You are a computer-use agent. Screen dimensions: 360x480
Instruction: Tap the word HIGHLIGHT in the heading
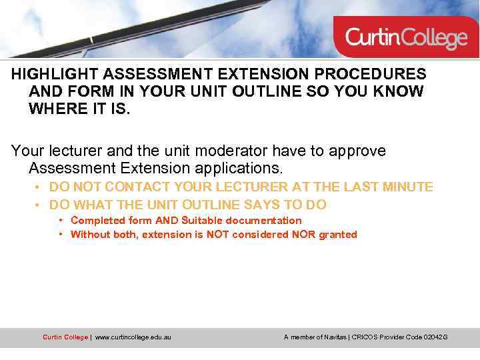pyautogui.click(x=52, y=74)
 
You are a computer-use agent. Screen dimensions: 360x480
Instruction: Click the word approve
pyautogui.click(x=358, y=151)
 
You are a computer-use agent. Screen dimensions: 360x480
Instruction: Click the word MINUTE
pyautogui.click(x=407, y=187)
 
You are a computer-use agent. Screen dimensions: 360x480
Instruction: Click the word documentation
pyautogui.click(x=263, y=221)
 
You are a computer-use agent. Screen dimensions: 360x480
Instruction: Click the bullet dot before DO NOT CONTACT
pyautogui.click(x=41, y=187)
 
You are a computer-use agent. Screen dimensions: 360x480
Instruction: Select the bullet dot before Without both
pyautogui.click(x=61, y=235)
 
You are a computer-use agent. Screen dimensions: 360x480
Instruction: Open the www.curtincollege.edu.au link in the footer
pyautogui.click(x=133, y=337)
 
